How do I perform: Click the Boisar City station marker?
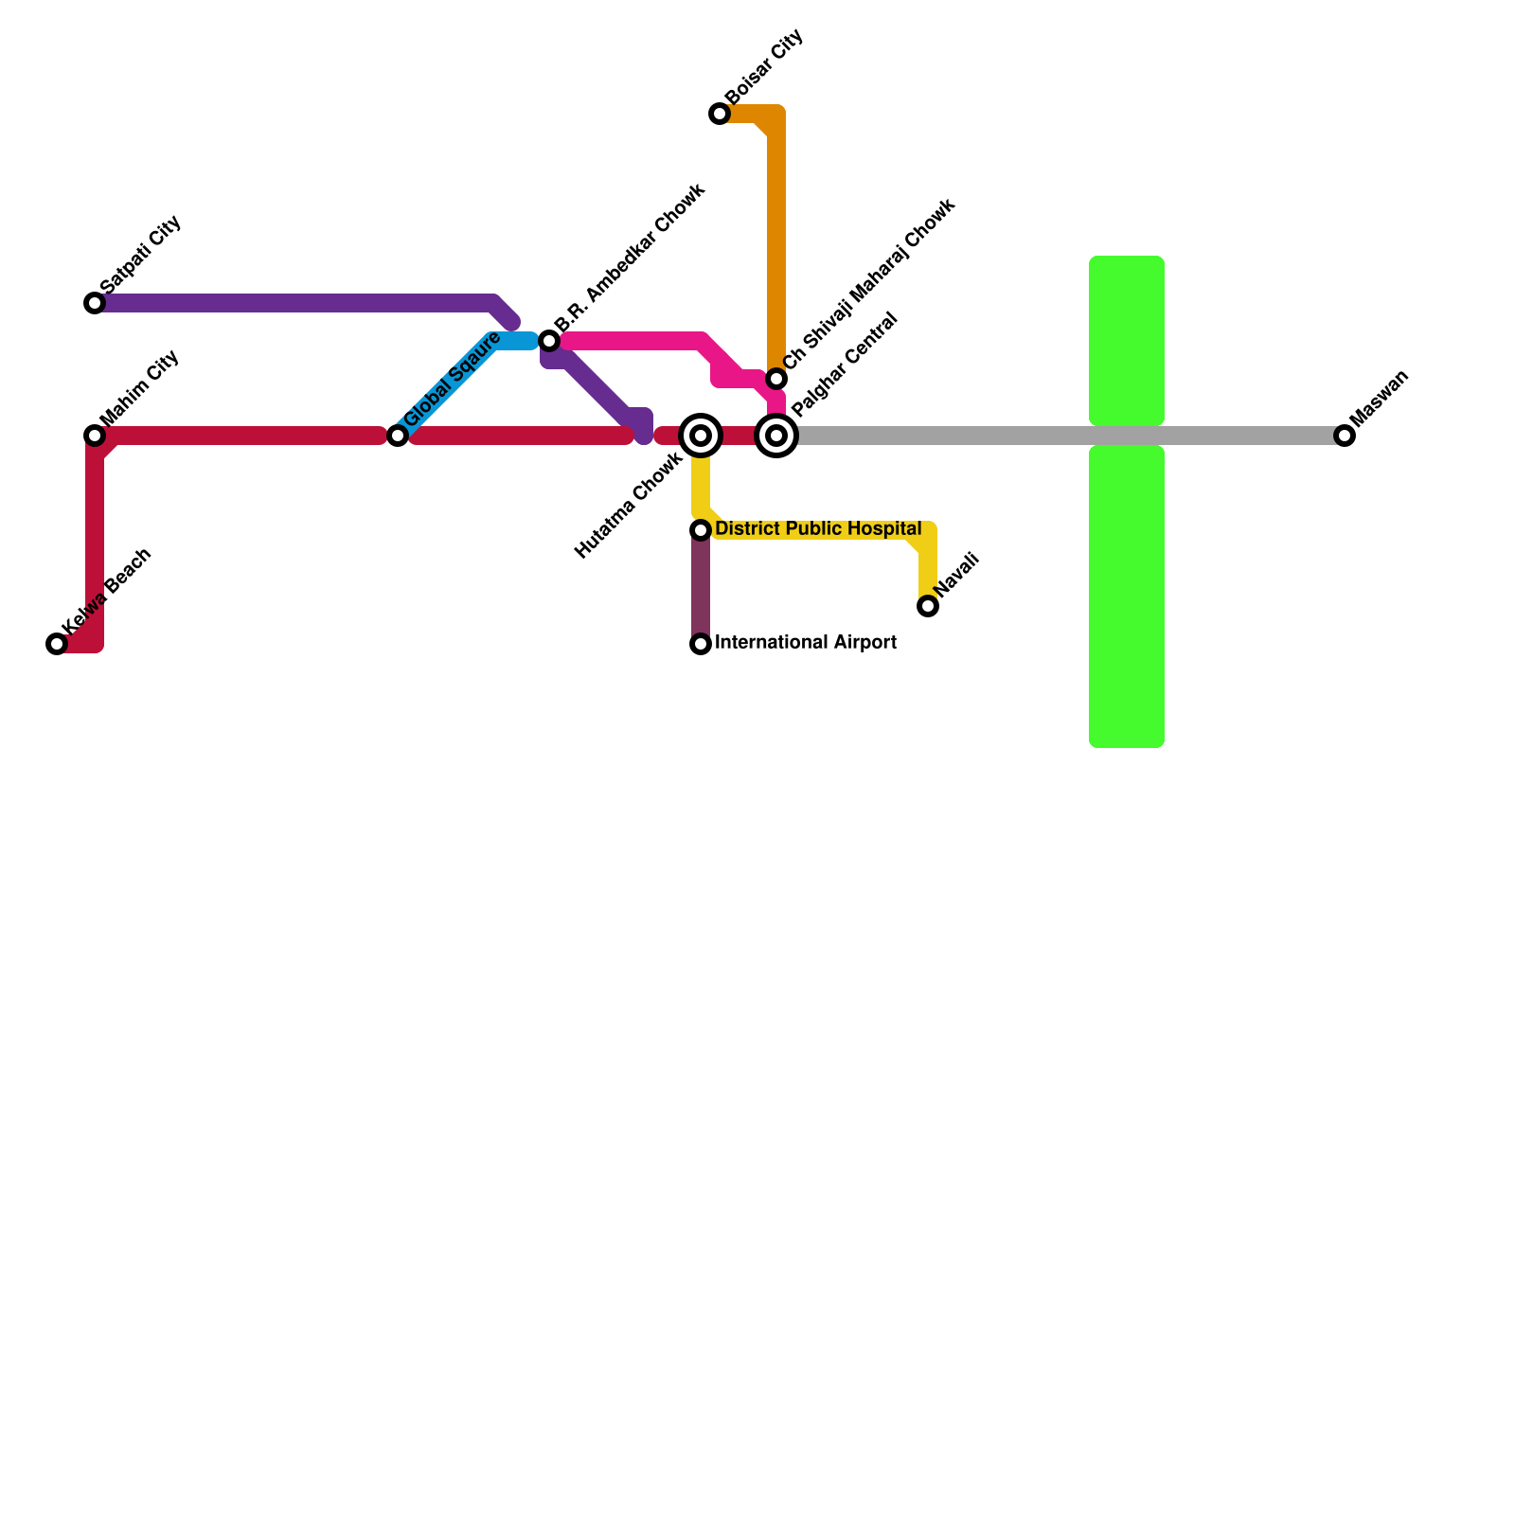coord(720,115)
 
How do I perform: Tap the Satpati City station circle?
coord(95,303)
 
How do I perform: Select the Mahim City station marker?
coord(95,436)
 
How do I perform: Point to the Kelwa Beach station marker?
coord(57,644)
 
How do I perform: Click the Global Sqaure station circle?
coord(398,436)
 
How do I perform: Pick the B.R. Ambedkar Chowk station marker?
coord(549,341)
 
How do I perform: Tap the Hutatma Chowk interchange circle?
coord(701,436)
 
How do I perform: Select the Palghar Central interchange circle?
coord(776,436)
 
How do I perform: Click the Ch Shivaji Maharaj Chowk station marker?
coord(776,379)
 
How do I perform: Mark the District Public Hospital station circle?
coord(701,530)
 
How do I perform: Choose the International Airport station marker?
coord(701,644)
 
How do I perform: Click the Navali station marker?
coord(928,606)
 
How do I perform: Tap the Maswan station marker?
coord(1345,436)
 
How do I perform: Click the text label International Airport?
coord(805,643)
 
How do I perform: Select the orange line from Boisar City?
coord(776,237)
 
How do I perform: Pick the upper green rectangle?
coord(1127,341)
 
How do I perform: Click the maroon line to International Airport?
coord(701,587)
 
